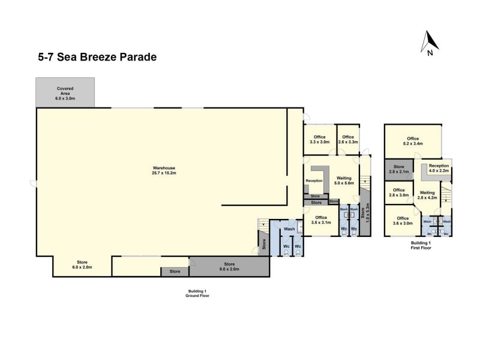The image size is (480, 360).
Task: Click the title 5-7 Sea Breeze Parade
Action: (x=97, y=57)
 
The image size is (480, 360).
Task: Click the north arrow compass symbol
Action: (x=430, y=43)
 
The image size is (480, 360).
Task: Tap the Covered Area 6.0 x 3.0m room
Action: (x=65, y=92)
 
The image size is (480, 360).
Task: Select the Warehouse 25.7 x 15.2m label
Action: (x=164, y=170)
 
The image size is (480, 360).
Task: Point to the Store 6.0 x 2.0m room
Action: (x=82, y=266)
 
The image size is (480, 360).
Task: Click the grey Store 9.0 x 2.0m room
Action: (x=229, y=266)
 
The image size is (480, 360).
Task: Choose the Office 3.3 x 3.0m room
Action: (x=320, y=140)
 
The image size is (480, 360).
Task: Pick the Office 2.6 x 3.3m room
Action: (x=348, y=140)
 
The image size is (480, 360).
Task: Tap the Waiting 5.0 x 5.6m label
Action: (x=344, y=181)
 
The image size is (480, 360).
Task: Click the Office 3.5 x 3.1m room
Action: (x=321, y=220)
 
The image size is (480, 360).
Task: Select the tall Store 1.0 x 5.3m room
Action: (x=365, y=212)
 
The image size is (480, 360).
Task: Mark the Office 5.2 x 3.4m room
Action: (x=413, y=141)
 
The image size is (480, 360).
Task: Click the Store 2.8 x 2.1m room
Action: (x=399, y=169)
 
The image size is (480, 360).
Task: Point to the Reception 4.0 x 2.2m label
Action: (x=439, y=168)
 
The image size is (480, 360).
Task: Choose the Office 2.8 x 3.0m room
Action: (x=399, y=193)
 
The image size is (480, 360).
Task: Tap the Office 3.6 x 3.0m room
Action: (x=403, y=221)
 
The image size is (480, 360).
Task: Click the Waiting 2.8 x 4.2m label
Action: (x=427, y=195)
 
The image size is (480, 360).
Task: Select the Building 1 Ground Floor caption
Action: (x=197, y=293)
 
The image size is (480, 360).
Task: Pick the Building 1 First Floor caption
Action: (x=421, y=245)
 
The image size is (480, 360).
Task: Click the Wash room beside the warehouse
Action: (x=289, y=229)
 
